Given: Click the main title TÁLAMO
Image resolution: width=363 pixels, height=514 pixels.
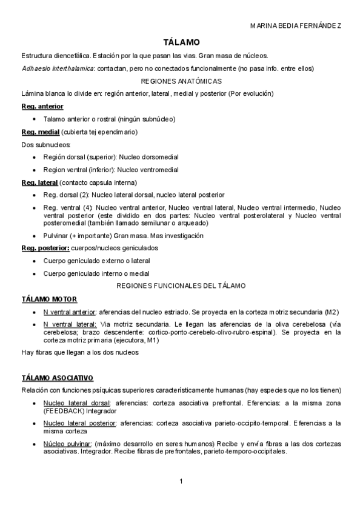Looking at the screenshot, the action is (181, 42).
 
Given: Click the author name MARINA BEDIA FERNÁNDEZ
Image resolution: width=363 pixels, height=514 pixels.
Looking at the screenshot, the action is (295, 26).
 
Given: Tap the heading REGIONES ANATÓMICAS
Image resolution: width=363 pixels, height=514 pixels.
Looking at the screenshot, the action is (181, 81).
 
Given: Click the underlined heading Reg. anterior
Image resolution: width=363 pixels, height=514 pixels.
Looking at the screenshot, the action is (42, 107).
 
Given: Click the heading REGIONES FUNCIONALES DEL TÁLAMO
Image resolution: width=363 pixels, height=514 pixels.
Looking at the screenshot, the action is (181, 285).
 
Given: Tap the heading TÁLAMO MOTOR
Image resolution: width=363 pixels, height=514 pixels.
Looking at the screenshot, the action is (49, 299).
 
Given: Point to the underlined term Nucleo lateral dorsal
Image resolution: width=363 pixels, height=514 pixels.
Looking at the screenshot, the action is (76, 402).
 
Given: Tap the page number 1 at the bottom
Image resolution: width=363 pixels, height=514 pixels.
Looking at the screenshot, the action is (181, 481).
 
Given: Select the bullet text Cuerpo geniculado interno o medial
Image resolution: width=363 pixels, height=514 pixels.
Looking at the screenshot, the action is (96, 273).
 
